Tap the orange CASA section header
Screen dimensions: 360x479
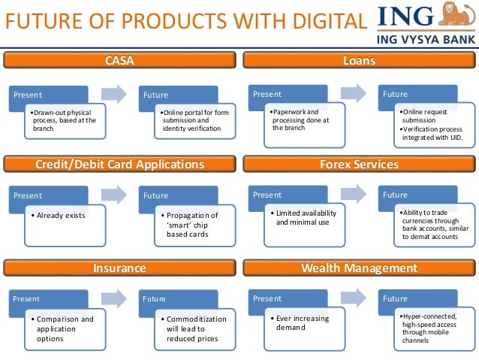point(119,60)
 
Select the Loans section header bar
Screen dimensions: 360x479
point(358,60)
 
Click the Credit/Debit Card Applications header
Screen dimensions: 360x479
point(119,164)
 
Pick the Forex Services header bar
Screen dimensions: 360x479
point(358,164)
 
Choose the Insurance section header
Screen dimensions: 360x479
point(119,268)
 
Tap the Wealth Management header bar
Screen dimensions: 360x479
point(358,268)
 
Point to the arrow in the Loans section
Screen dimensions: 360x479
point(354,93)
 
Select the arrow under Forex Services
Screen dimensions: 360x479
point(354,195)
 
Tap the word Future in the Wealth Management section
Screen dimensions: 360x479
point(395,298)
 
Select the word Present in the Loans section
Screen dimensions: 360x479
point(267,94)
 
